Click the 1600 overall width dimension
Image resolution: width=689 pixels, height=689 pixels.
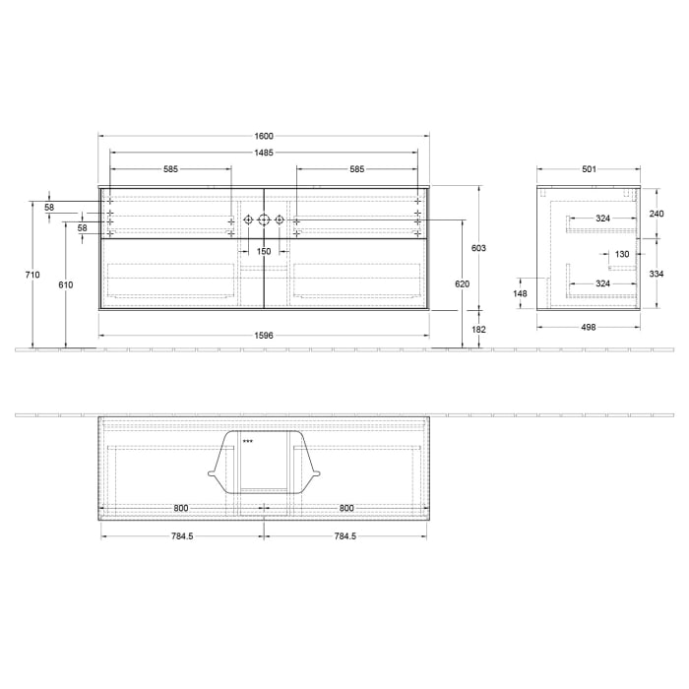coord(263,136)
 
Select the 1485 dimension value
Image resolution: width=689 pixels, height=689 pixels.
coord(263,153)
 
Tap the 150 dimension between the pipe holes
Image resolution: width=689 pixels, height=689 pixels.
coord(263,252)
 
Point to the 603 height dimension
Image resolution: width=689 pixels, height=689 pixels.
coord(479,248)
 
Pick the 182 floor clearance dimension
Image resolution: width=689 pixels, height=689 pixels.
coord(479,329)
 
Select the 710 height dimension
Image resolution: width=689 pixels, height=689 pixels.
coord(34,275)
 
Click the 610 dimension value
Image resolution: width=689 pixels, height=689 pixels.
coord(66,284)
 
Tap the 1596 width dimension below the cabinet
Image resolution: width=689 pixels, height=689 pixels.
coord(263,336)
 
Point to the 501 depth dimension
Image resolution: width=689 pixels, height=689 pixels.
coord(589,169)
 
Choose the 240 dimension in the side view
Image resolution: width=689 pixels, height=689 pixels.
coord(656,213)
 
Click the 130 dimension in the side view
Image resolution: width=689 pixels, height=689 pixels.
coord(622,254)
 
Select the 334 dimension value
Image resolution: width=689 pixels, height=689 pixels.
coord(656,275)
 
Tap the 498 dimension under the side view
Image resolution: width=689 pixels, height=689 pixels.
coord(589,327)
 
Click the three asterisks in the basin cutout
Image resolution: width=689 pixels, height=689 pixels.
coord(248,441)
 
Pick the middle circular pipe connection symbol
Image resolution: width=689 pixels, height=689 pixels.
coord(263,219)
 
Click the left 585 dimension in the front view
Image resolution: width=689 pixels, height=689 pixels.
coord(170,169)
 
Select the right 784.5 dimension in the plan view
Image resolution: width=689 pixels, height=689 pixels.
coord(344,536)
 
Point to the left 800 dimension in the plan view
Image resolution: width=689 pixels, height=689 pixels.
coord(181,508)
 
